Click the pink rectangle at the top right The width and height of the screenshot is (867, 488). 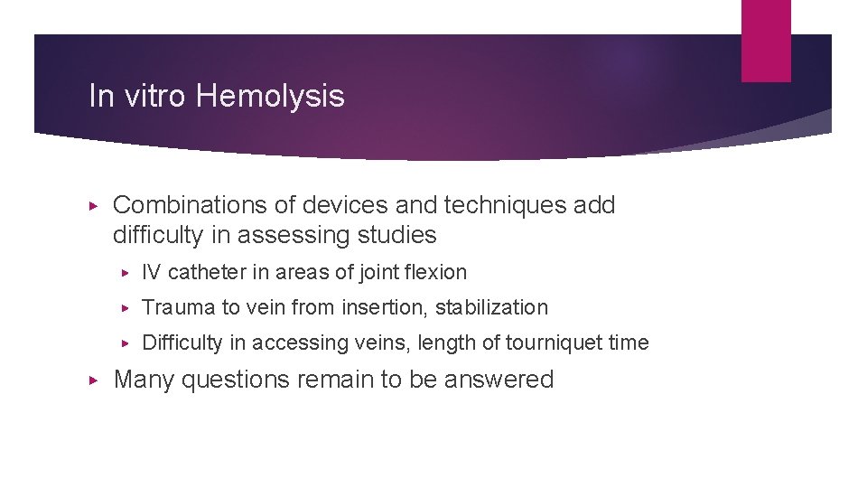766,40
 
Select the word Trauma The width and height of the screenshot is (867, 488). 179,308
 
